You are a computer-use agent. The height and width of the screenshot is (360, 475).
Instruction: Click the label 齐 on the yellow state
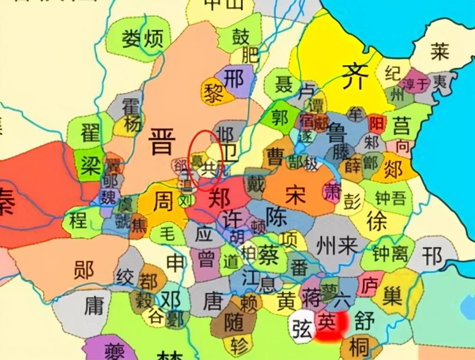pos(354,76)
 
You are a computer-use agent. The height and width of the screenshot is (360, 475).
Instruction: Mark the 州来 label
pos(339,246)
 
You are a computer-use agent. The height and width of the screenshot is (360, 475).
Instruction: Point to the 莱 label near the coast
pos(439,51)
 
